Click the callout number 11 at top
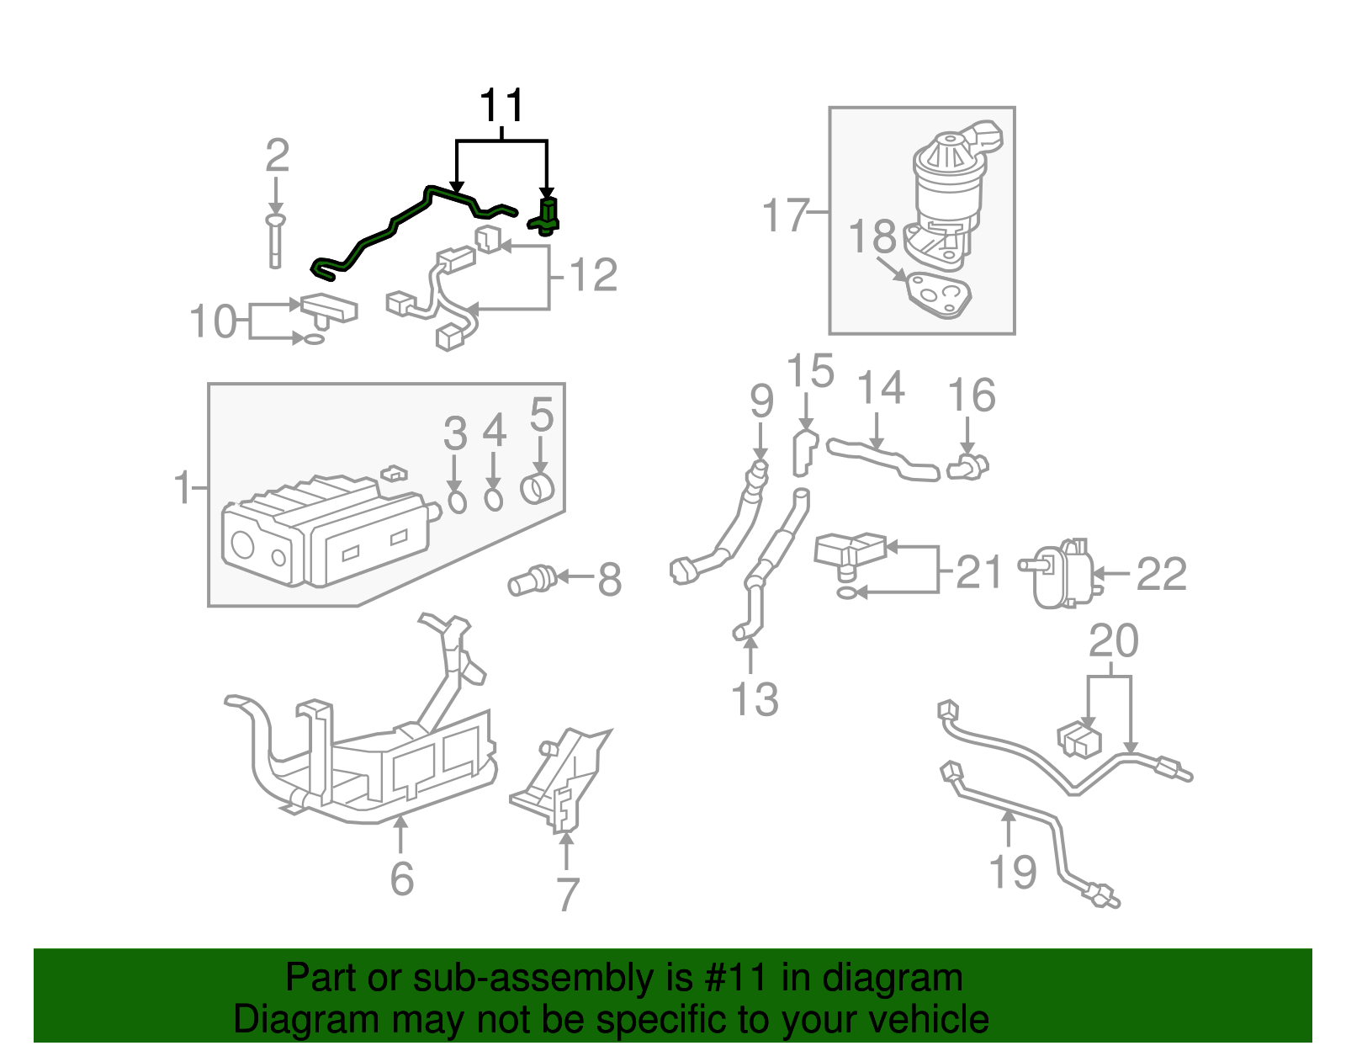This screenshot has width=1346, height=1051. click(x=502, y=107)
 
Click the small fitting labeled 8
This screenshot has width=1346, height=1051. click(x=532, y=580)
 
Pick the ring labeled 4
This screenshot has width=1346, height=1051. click(x=494, y=500)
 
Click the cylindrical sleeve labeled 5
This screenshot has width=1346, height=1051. click(x=538, y=488)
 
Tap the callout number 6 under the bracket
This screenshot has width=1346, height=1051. click(x=402, y=878)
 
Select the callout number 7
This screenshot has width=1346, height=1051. click(x=568, y=894)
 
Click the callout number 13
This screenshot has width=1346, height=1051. click(x=755, y=699)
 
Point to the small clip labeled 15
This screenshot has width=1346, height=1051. click(x=804, y=452)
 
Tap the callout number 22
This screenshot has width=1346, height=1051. click(x=1161, y=575)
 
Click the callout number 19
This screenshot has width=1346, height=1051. click(x=1012, y=871)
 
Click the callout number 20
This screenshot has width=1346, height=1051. click(x=1114, y=641)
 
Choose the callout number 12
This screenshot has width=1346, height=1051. click(x=594, y=274)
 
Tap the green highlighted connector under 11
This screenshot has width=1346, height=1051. click(x=548, y=215)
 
